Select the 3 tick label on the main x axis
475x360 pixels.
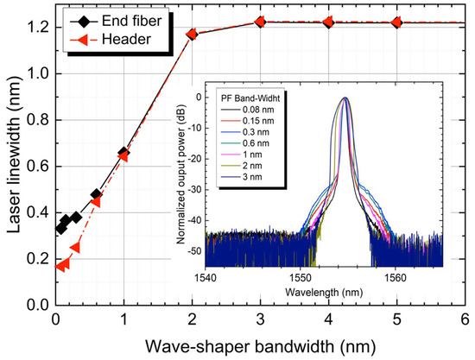click(260, 319)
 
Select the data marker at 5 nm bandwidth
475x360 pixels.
click(396, 22)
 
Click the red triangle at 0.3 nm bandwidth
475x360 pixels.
click(76, 247)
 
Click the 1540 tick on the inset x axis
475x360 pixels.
click(205, 278)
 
